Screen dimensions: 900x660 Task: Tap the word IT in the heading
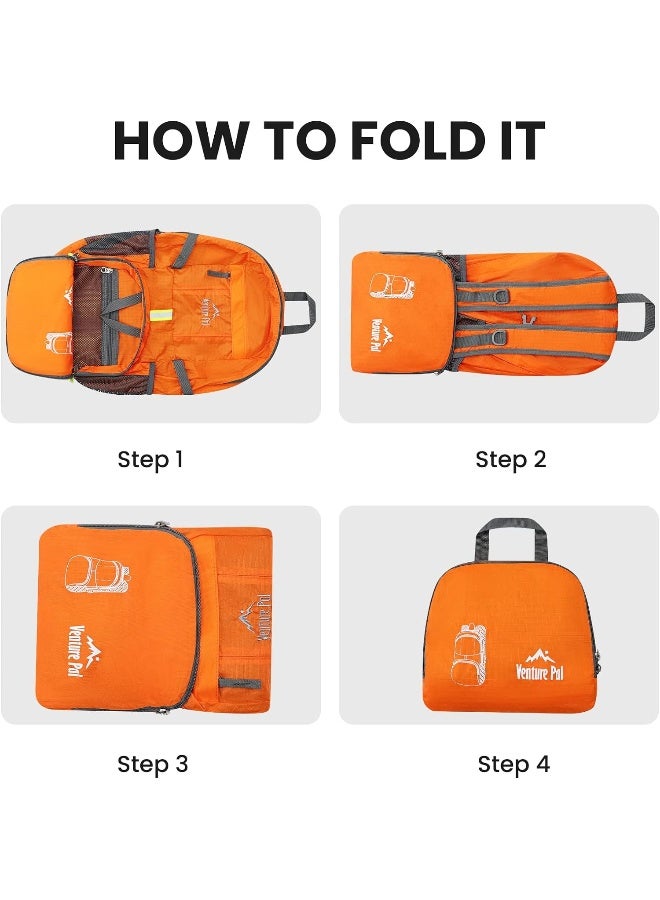(521, 140)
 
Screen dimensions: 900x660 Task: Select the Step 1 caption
(150, 460)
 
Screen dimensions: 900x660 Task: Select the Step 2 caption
(510, 460)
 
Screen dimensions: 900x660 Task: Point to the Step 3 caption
(152, 765)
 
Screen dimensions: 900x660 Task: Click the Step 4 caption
(513, 765)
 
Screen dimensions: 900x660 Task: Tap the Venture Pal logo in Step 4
(540, 665)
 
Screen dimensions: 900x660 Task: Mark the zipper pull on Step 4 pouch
(599, 660)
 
